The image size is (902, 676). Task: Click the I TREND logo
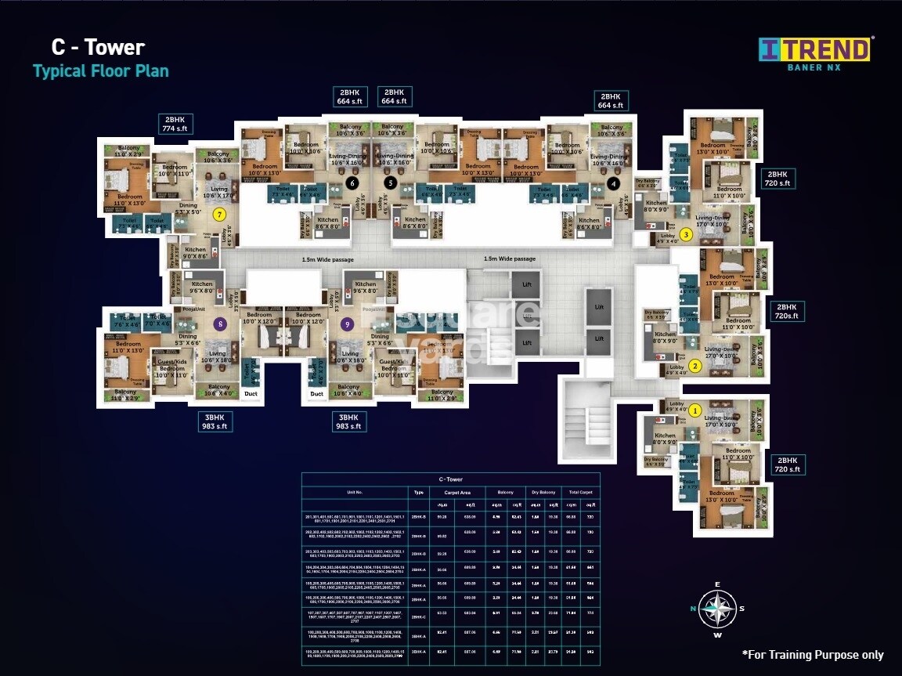click(815, 51)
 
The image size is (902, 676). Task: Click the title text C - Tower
click(98, 47)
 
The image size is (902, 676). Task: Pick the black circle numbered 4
click(614, 183)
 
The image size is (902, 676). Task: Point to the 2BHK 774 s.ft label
click(175, 124)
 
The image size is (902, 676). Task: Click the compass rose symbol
click(717, 609)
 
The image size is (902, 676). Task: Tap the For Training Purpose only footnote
click(812, 654)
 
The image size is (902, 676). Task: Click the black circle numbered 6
click(352, 183)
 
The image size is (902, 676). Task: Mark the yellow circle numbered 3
click(686, 233)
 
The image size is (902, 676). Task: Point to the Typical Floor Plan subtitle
click(100, 71)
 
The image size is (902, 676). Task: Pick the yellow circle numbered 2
click(695, 365)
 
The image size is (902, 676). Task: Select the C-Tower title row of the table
click(450, 478)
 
